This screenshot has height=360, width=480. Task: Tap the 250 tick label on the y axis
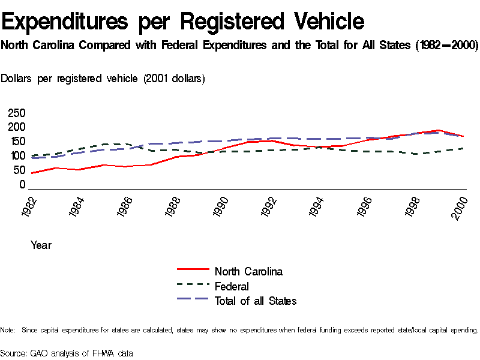[x=16, y=113]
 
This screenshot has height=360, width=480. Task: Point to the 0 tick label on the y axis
[x=22, y=185]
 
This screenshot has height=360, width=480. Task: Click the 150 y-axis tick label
[x=16, y=142]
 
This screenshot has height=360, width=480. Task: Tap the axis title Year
[x=41, y=245]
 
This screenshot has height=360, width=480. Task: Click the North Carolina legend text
[x=248, y=271]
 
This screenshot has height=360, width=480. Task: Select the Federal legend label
[x=232, y=286]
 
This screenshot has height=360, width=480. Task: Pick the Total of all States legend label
[x=256, y=301]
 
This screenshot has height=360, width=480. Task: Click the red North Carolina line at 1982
[x=31, y=173]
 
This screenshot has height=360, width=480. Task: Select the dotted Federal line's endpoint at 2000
[x=463, y=148]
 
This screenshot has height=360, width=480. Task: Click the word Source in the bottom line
[x=13, y=353]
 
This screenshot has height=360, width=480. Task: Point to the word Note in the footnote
[x=7, y=330]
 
